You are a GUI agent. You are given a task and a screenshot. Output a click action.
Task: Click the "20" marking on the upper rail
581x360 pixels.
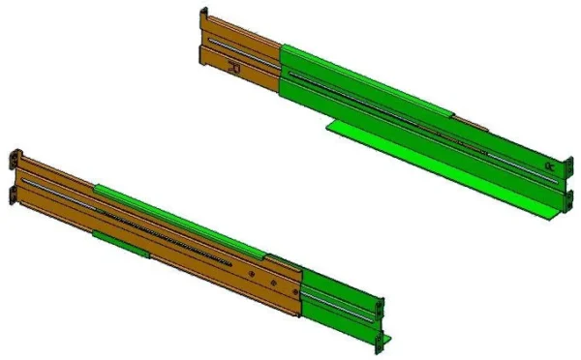pos(233,68)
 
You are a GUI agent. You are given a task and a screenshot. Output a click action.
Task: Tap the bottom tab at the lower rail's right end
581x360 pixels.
pos(385,338)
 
